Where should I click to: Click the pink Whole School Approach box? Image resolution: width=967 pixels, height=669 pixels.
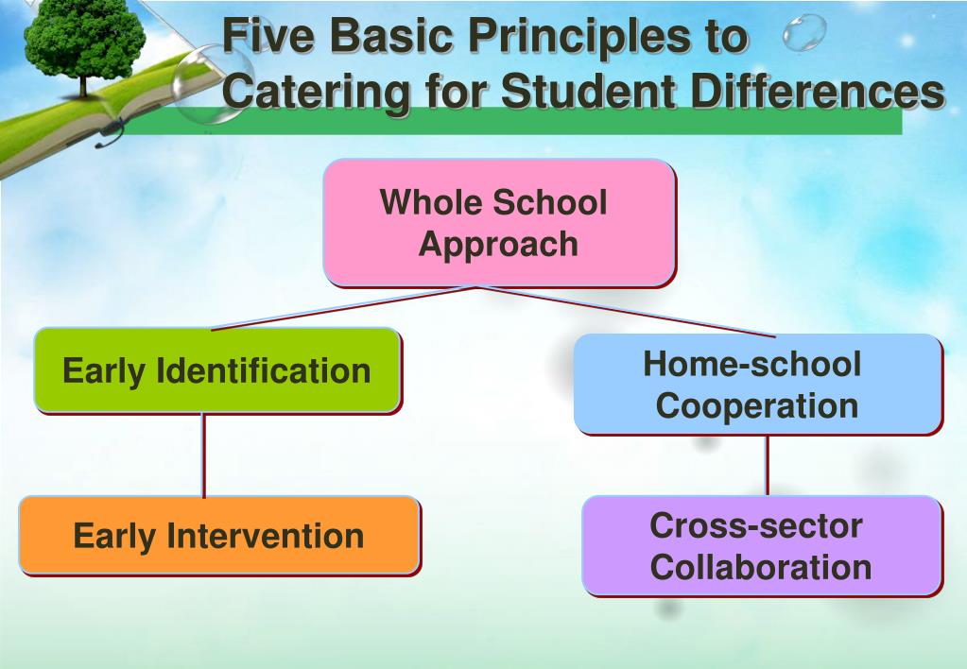point(498,222)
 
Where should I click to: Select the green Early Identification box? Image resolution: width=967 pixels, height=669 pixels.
point(216,369)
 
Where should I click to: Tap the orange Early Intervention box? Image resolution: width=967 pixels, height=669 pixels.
point(218,536)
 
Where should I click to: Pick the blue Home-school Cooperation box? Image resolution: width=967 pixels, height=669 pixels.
point(757,385)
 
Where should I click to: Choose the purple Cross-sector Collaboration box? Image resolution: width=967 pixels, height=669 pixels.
point(761,546)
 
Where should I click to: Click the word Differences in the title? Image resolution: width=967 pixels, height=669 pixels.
point(813,93)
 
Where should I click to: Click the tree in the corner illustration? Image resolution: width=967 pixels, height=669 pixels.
point(85,43)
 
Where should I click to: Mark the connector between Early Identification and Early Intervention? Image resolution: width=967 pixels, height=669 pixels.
point(203,455)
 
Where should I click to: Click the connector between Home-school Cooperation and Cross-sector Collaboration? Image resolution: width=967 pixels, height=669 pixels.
point(767,465)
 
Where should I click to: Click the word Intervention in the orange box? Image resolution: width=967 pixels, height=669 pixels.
point(266,536)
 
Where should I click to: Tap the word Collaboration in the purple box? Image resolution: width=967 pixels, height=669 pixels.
point(761,567)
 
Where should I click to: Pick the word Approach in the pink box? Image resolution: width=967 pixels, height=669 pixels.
point(498,244)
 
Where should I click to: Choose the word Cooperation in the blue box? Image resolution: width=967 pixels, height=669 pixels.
point(757,406)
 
